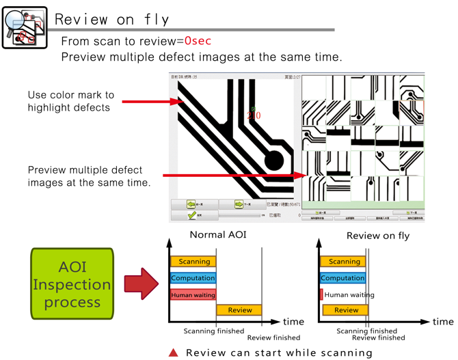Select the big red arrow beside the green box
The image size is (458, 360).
coord(142,283)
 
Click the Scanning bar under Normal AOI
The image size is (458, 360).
coord(194,262)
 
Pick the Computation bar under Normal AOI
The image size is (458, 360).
coord(193,278)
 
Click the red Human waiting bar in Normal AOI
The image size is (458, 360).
coord(193,294)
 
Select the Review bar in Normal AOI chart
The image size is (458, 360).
coord(239,310)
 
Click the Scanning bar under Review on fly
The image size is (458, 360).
coord(344,262)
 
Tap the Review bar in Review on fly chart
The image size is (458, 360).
coord(345,310)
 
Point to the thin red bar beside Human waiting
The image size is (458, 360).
coord(321,294)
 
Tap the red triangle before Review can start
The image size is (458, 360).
coord(174,352)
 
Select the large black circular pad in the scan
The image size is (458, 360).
coord(273,161)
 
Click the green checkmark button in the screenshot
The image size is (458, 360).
coord(193,215)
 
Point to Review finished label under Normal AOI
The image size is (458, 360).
coord(273,337)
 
